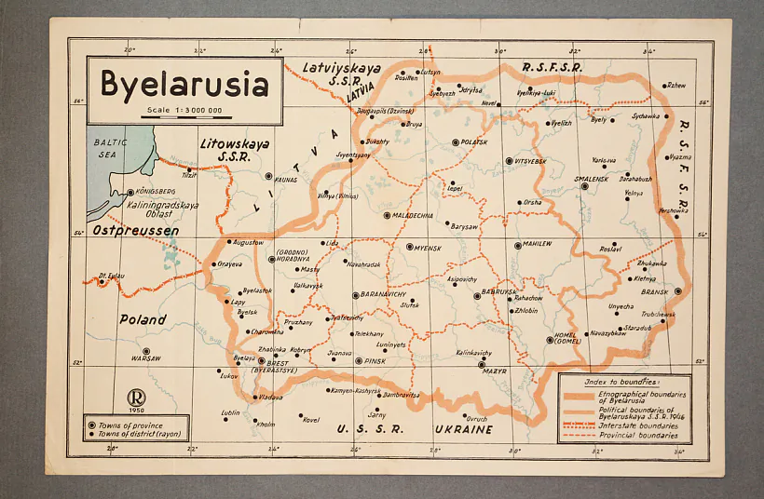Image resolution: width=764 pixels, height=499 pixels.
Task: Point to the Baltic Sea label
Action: tap(110, 149)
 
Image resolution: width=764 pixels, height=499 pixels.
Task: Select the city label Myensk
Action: tap(430, 247)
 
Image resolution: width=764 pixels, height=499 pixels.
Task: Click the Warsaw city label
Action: tap(146, 358)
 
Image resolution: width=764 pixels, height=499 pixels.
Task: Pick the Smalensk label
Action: tap(592, 179)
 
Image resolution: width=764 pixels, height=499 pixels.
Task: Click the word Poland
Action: tap(143, 319)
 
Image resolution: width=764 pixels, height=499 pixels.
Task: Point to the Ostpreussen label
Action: tap(136, 229)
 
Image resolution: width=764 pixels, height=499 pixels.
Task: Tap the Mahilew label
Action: tap(538, 245)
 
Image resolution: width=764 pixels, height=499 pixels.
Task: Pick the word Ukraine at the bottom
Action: tap(463, 429)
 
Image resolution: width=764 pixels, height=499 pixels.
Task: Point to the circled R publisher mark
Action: tap(136, 397)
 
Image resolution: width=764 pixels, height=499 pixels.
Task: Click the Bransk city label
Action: tap(655, 291)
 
